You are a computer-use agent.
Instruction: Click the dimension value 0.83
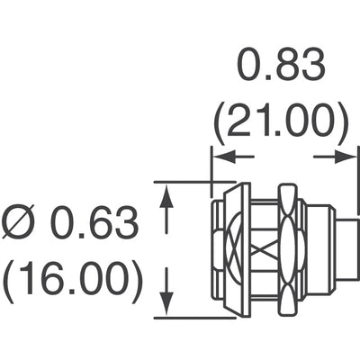(x=281, y=65)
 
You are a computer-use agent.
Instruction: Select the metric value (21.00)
(x=281, y=123)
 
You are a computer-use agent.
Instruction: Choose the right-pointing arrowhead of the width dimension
(x=345, y=157)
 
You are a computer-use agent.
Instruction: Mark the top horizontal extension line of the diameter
(x=194, y=182)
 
